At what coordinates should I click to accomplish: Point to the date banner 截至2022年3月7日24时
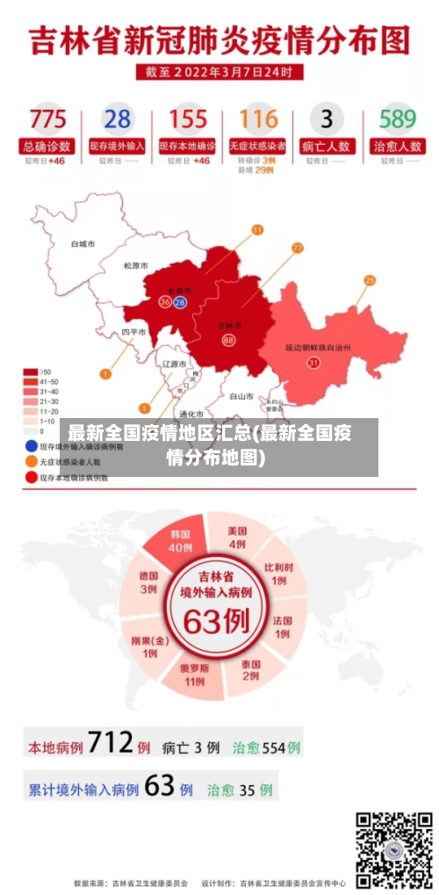pos(219,71)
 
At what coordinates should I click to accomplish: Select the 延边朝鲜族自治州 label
pos(318,347)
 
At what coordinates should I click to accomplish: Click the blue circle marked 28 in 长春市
pos(180,302)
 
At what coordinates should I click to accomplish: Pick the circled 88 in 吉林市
pos(228,340)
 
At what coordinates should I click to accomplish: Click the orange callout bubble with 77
pos(297,249)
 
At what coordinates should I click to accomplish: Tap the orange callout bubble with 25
pos(370,280)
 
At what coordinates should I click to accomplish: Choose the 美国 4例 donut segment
pos(237,537)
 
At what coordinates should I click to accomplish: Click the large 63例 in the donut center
pos(216,621)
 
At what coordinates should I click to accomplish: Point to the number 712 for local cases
pos(110,745)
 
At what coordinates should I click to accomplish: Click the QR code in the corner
pos(393,849)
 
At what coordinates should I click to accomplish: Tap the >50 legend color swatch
pos(31,372)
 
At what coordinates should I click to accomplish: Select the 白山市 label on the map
pos(241,396)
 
